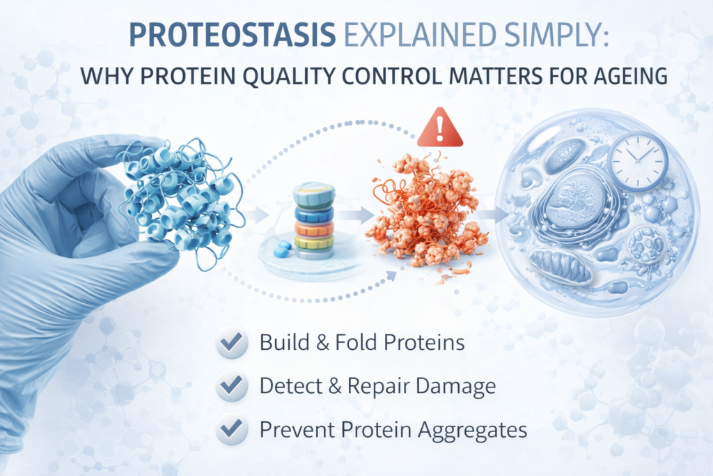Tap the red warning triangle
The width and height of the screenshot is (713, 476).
(439, 128)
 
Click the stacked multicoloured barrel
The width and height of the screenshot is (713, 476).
(315, 221)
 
